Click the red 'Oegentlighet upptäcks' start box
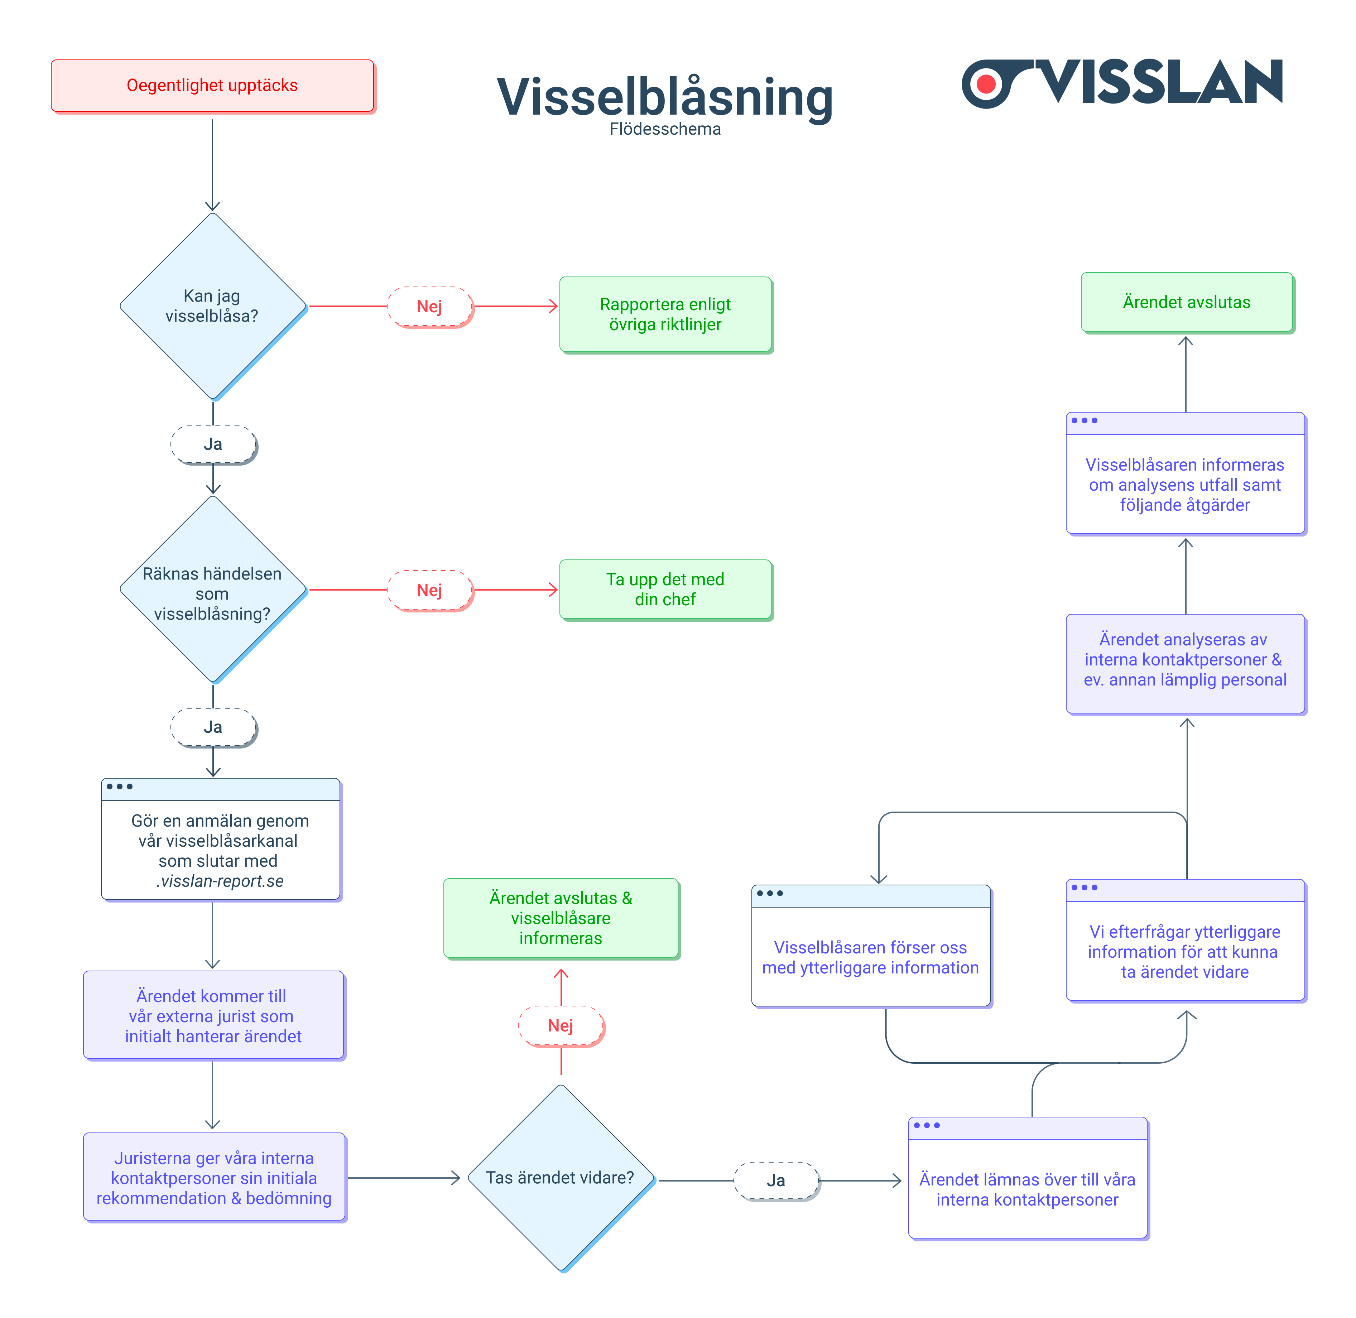[x=212, y=85]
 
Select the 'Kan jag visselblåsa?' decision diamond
[x=212, y=306]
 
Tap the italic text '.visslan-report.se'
[x=220, y=881]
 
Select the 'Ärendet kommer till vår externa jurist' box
[x=213, y=1015]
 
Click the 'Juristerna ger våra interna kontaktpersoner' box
[x=214, y=1178]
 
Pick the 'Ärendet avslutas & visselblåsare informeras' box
[x=561, y=918]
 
